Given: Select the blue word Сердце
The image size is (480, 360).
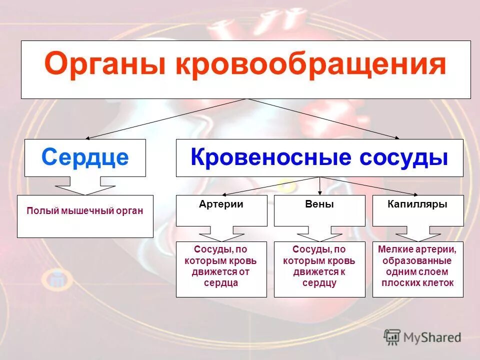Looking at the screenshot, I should click(x=85, y=157).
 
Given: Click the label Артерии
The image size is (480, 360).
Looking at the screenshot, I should click(x=221, y=204).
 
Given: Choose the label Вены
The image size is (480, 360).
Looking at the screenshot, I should click(x=319, y=204).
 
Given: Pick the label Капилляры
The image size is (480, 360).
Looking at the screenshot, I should click(x=418, y=204).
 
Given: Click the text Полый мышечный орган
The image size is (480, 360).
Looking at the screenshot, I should click(x=85, y=210).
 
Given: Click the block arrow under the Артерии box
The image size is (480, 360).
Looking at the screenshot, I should click(x=221, y=233).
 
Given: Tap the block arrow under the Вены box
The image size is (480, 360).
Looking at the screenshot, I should click(x=320, y=233).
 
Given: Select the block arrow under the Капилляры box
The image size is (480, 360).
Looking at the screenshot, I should click(x=418, y=233).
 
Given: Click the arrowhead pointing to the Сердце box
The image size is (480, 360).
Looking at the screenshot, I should click(x=89, y=138).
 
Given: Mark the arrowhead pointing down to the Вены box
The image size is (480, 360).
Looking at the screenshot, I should click(x=320, y=192).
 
